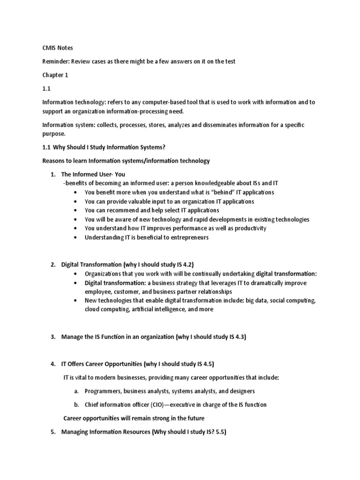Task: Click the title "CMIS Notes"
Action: pyautogui.click(x=58, y=47)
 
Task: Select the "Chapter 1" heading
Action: pyautogui.click(x=55, y=75)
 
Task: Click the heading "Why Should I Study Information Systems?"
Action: pyautogui.click(x=109, y=147)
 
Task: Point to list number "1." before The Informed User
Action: pyautogui.click(x=53, y=174)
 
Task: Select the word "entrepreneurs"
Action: pyautogui.click(x=187, y=237)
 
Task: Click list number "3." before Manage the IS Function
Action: pyautogui.click(x=53, y=337)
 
